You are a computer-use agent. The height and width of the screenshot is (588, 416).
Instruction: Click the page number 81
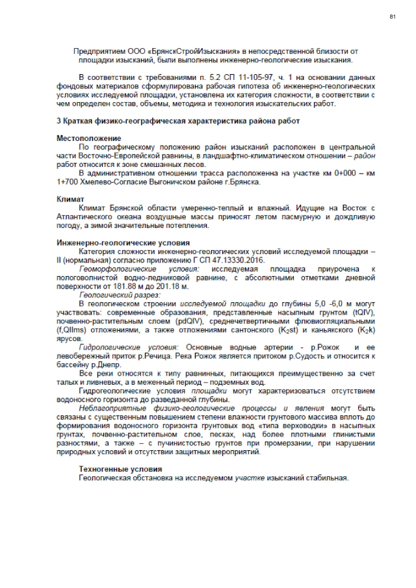[x=393, y=16]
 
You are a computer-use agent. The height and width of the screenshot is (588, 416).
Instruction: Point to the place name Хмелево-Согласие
[x=103, y=182]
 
